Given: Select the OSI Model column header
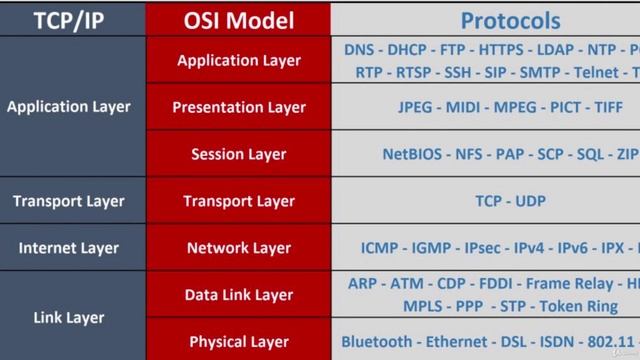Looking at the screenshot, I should click(x=238, y=19).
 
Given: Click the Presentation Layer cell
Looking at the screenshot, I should click(x=238, y=107).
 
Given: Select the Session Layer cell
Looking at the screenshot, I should click(x=238, y=154).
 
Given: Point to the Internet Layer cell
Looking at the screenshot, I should click(x=68, y=248).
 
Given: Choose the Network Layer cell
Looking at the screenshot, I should click(x=238, y=248).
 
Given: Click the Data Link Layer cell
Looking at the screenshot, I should click(x=238, y=295).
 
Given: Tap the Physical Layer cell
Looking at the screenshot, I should click(x=238, y=342).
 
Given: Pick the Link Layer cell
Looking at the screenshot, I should click(x=68, y=318).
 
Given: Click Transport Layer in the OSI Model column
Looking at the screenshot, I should click(x=238, y=201).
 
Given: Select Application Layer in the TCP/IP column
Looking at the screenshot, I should click(x=68, y=107).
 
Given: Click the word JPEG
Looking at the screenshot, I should click(x=419, y=107).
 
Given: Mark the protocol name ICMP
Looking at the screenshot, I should click(x=381, y=248).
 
